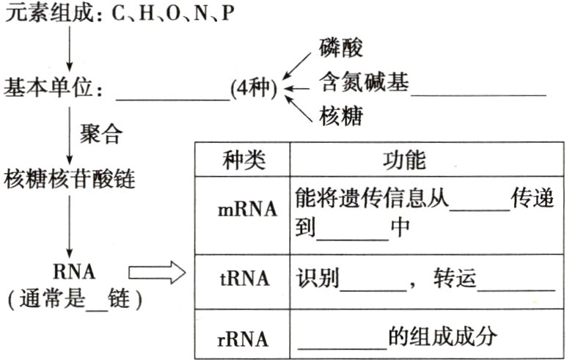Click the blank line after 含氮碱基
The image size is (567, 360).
(x=478, y=92)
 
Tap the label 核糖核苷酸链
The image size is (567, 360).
(x=70, y=179)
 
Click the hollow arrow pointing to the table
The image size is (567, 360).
(x=156, y=274)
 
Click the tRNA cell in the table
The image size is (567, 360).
(x=243, y=279)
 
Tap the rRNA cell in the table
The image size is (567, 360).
(x=243, y=339)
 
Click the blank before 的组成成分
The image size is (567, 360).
(x=342, y=345)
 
